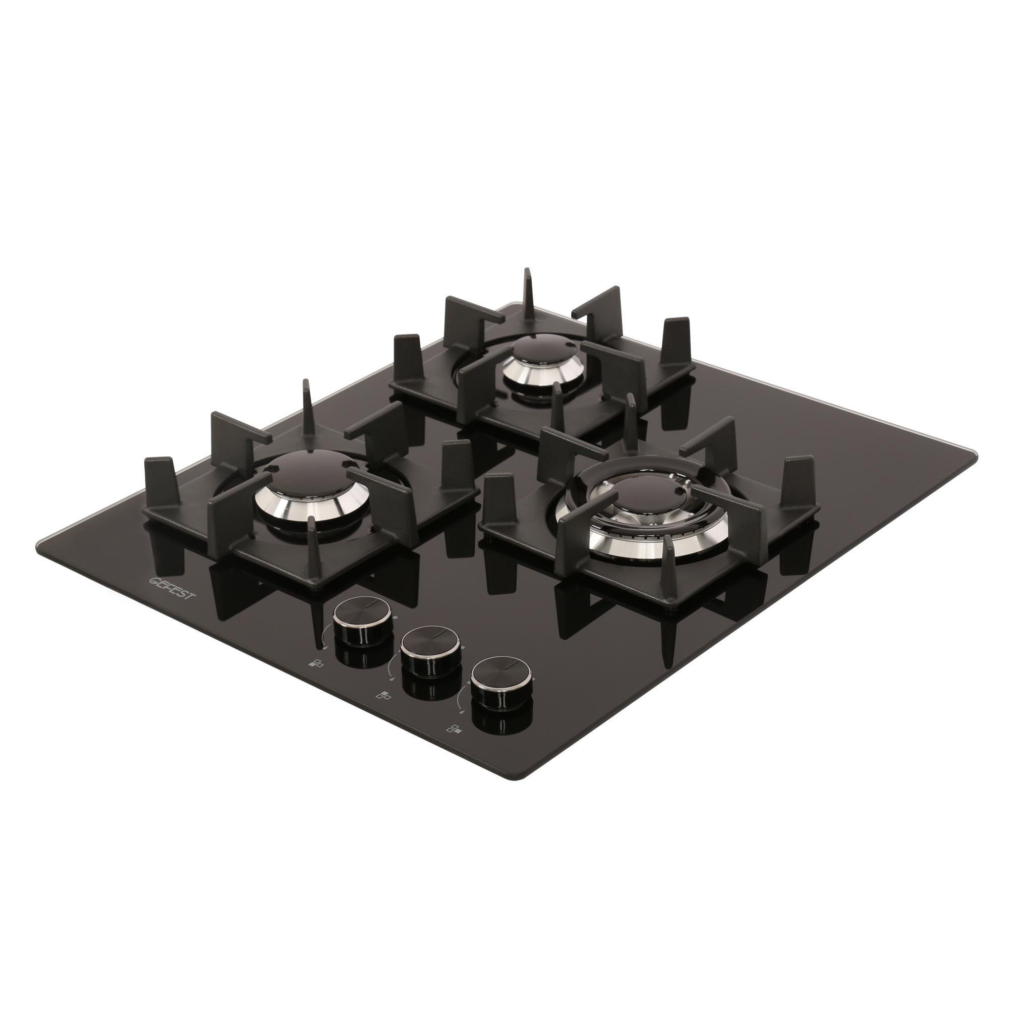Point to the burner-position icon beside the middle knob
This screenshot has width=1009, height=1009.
click(383, 695)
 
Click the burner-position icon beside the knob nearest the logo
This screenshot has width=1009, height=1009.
click(316, 664)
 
